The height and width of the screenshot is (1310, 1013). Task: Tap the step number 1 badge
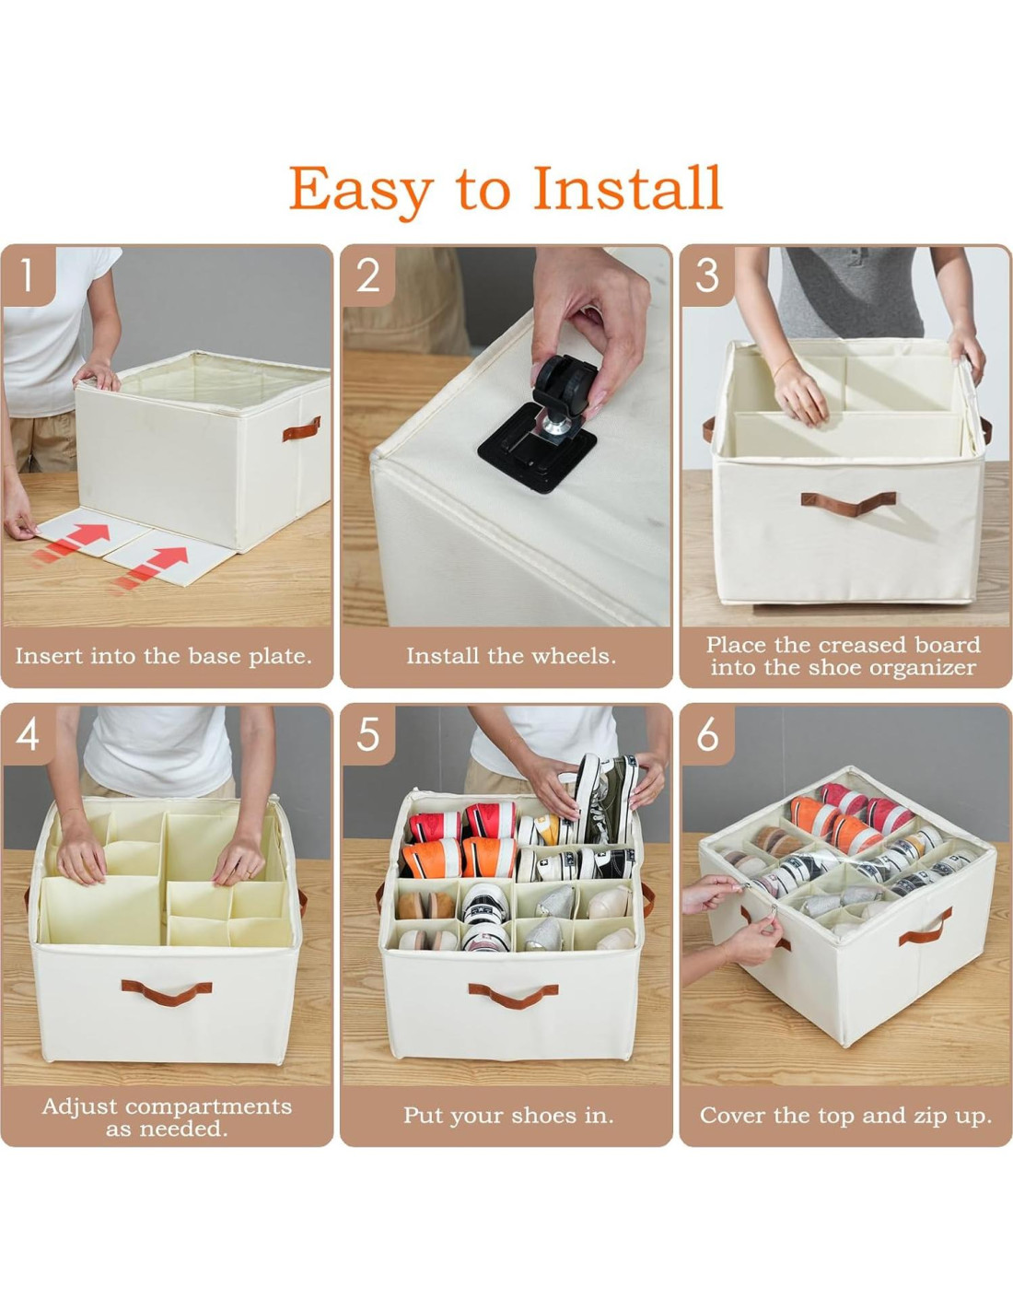click(x=28, y=275)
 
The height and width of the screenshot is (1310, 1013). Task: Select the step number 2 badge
click(x=367, y=275)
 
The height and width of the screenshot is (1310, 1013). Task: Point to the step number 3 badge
click(x=707, y=275)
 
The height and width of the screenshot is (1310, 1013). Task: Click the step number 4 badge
click(x=28, y=735)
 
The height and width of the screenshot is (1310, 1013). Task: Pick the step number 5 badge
click(x=367, y=735)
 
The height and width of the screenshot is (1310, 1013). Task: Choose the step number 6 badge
click(x=707, y=735)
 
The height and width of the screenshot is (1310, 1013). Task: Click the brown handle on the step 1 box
click(x=301, y=429)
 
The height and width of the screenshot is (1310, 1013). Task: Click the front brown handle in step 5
click(x=514, y=996)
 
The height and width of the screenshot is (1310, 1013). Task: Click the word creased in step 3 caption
click(x=863, y=645)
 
